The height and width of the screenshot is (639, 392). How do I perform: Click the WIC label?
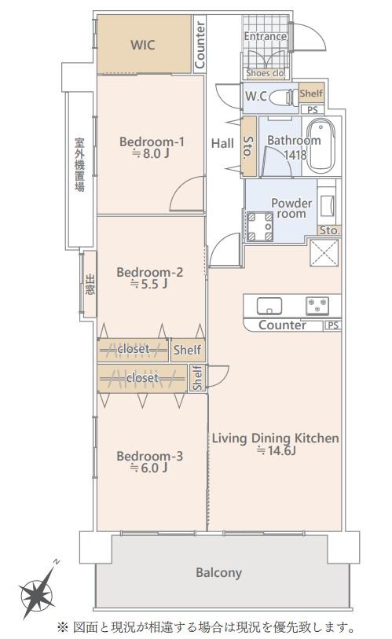click(143, 45)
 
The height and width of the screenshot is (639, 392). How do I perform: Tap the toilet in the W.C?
click(284, 97)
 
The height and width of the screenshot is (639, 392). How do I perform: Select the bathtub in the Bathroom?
click(321, 146)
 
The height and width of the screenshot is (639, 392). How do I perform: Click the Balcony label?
click(219, 572)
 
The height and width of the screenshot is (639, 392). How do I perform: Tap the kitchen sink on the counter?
click(269, 306)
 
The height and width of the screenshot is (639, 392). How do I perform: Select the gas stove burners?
click(317, 306)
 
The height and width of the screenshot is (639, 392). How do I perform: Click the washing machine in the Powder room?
click(260, 226)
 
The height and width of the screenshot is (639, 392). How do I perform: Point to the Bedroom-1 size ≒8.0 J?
click(150, 153)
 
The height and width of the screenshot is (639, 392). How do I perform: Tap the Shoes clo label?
click(266, 73)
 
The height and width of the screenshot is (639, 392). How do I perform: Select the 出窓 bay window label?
click(90, 285)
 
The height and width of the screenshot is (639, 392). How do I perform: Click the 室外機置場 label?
click(79, 164)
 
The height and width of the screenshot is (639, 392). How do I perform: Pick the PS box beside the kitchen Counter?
click(333, 325)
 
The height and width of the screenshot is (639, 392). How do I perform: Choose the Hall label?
click(222, 143)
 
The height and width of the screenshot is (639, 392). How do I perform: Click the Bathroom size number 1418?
click(295, 155)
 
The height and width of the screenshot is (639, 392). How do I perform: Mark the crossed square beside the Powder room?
click(324, 252)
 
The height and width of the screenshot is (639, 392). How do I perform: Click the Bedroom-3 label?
click(149, 456)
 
